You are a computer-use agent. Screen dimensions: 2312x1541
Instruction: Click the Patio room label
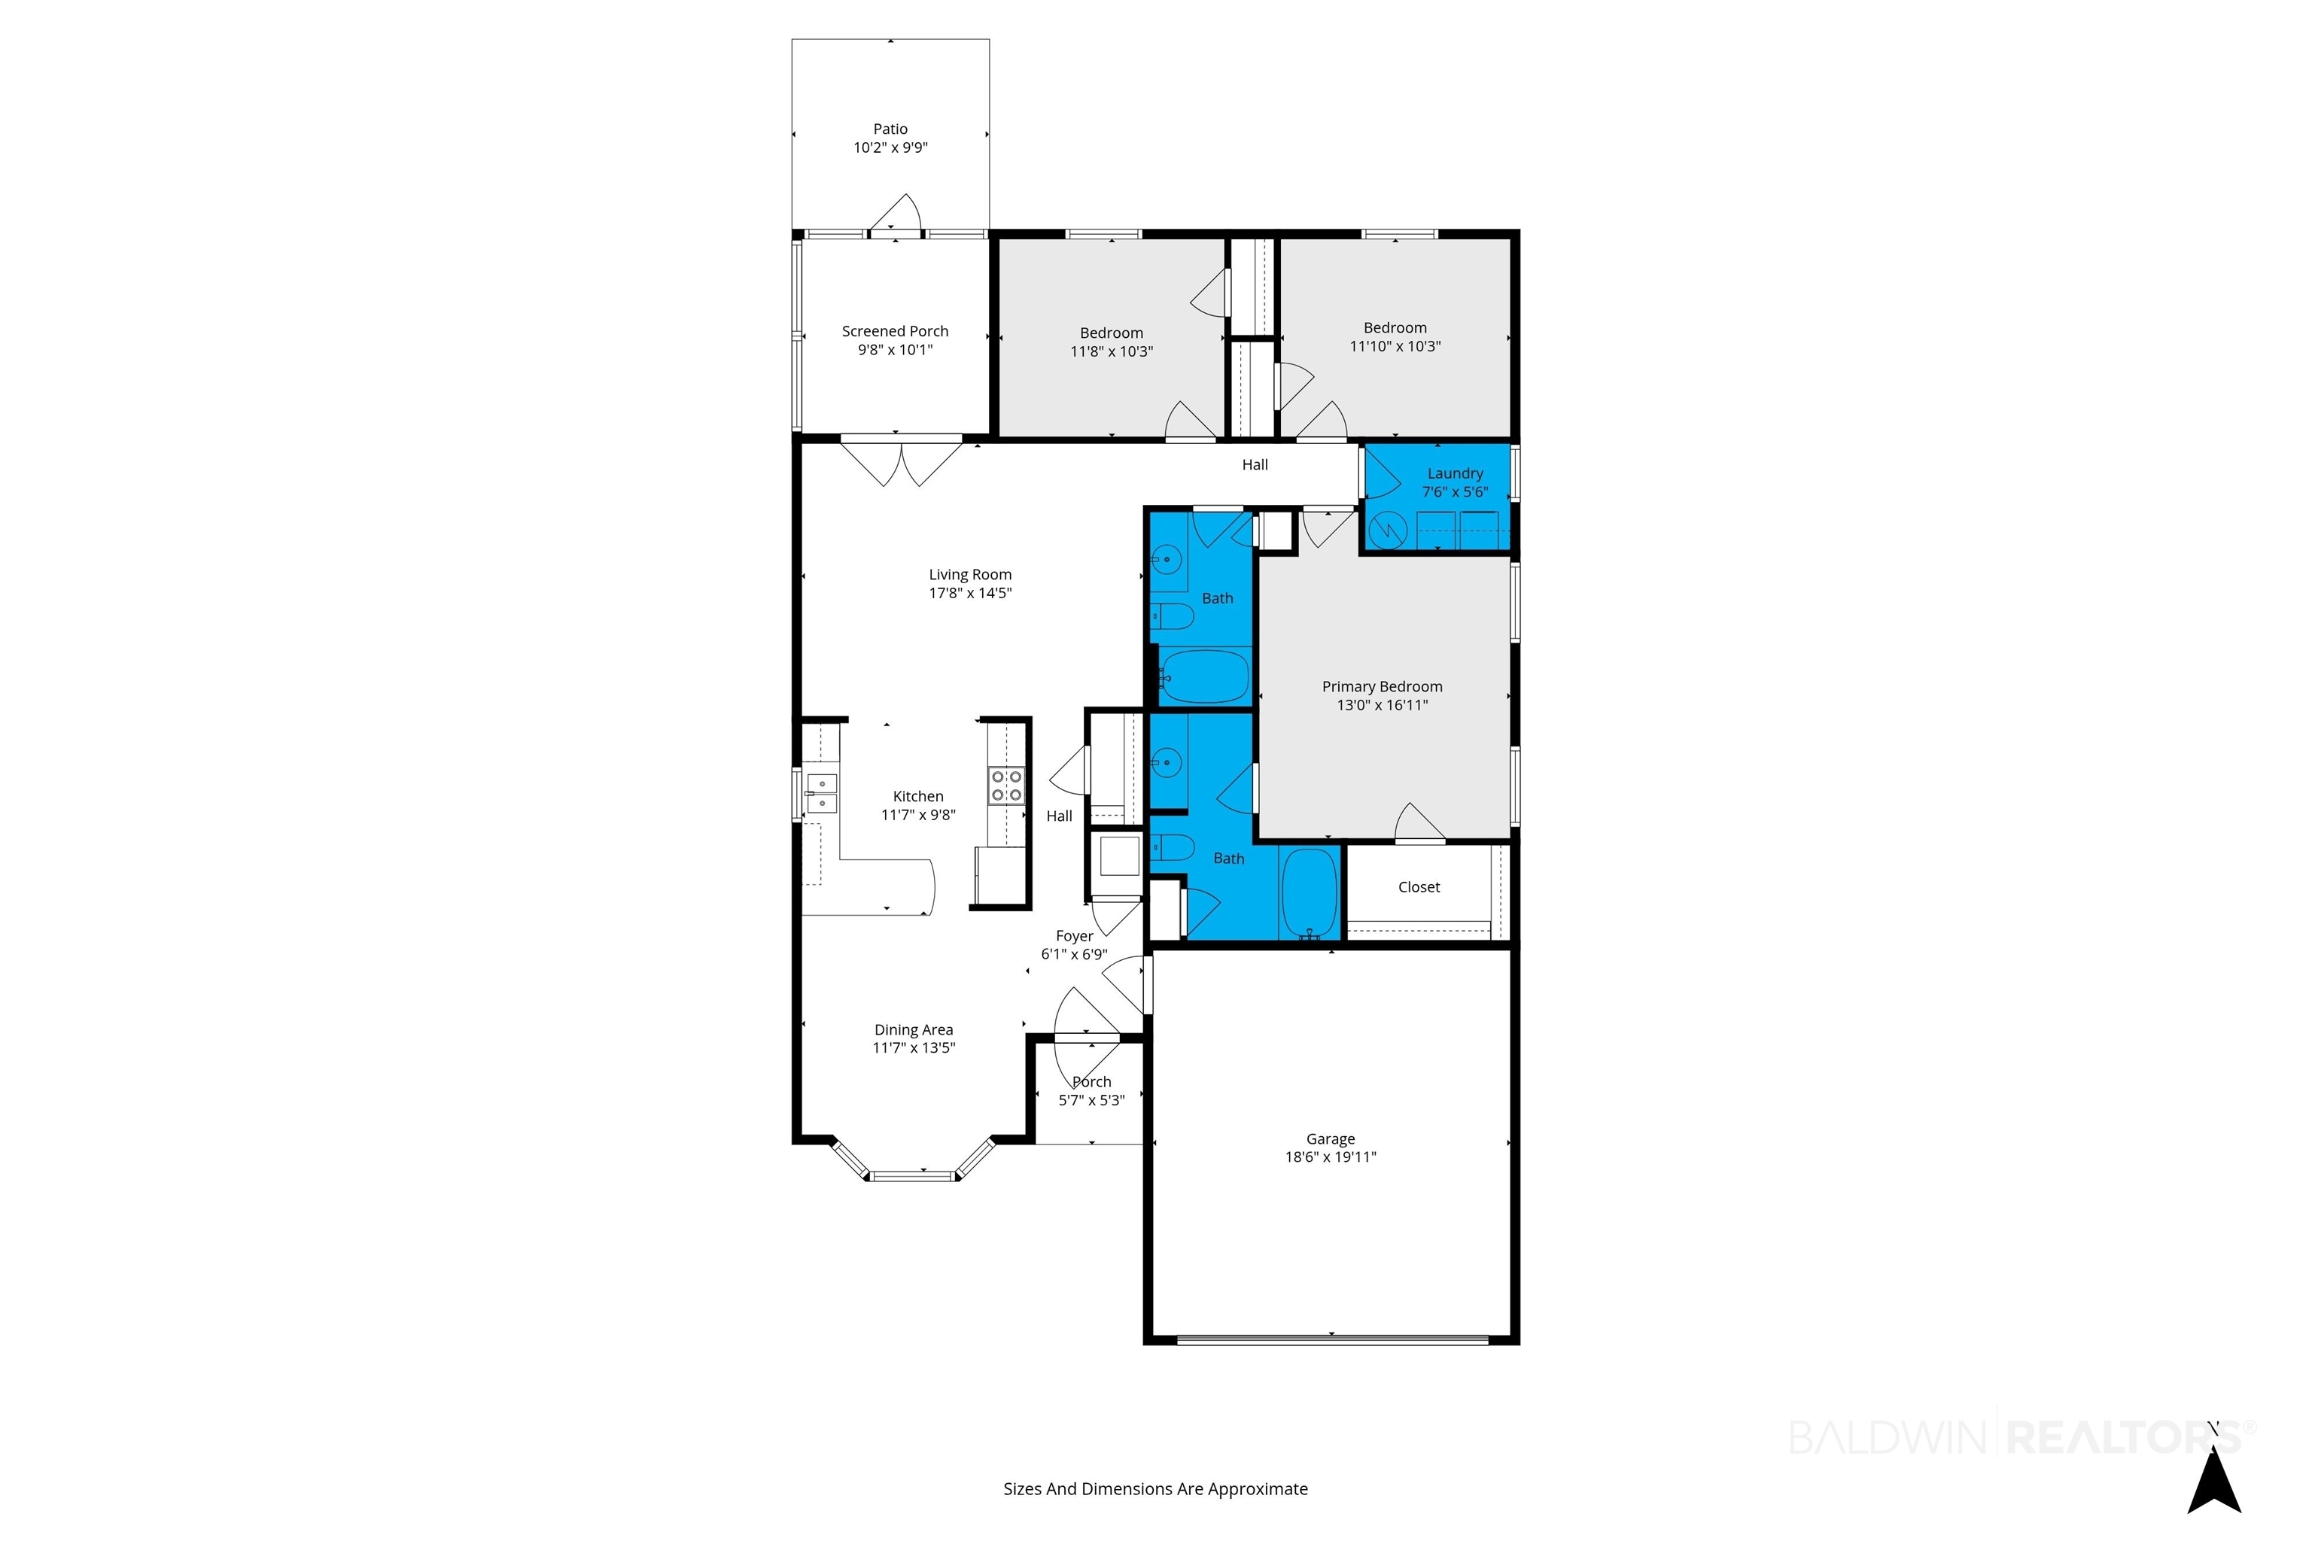890,129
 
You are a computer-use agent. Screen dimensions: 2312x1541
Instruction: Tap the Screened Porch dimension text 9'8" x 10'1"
895,350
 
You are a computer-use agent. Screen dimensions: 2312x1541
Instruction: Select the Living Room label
970,575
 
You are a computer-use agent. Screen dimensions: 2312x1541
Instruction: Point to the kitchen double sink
821,794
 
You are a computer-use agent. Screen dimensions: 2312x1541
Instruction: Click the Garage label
1330,1139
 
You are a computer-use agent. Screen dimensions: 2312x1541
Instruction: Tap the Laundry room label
1455,474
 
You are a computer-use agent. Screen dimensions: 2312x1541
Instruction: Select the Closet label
1419,887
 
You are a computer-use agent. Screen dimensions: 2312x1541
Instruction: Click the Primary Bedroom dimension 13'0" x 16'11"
1382,704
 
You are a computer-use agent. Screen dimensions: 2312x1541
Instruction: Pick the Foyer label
1075,937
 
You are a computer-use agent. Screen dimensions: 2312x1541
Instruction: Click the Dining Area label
913,1030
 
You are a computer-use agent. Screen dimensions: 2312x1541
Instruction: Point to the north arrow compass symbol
2213,1481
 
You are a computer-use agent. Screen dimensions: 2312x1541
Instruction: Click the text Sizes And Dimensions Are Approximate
1155,1489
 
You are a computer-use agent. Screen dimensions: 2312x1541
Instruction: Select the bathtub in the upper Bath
1204,676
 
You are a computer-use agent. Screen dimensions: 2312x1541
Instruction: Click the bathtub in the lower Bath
1310,892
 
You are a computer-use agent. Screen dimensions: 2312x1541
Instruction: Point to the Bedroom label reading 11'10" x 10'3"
1395,337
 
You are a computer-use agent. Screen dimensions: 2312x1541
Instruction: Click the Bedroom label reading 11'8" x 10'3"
1112,342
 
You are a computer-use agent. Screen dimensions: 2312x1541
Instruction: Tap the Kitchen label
918,797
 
